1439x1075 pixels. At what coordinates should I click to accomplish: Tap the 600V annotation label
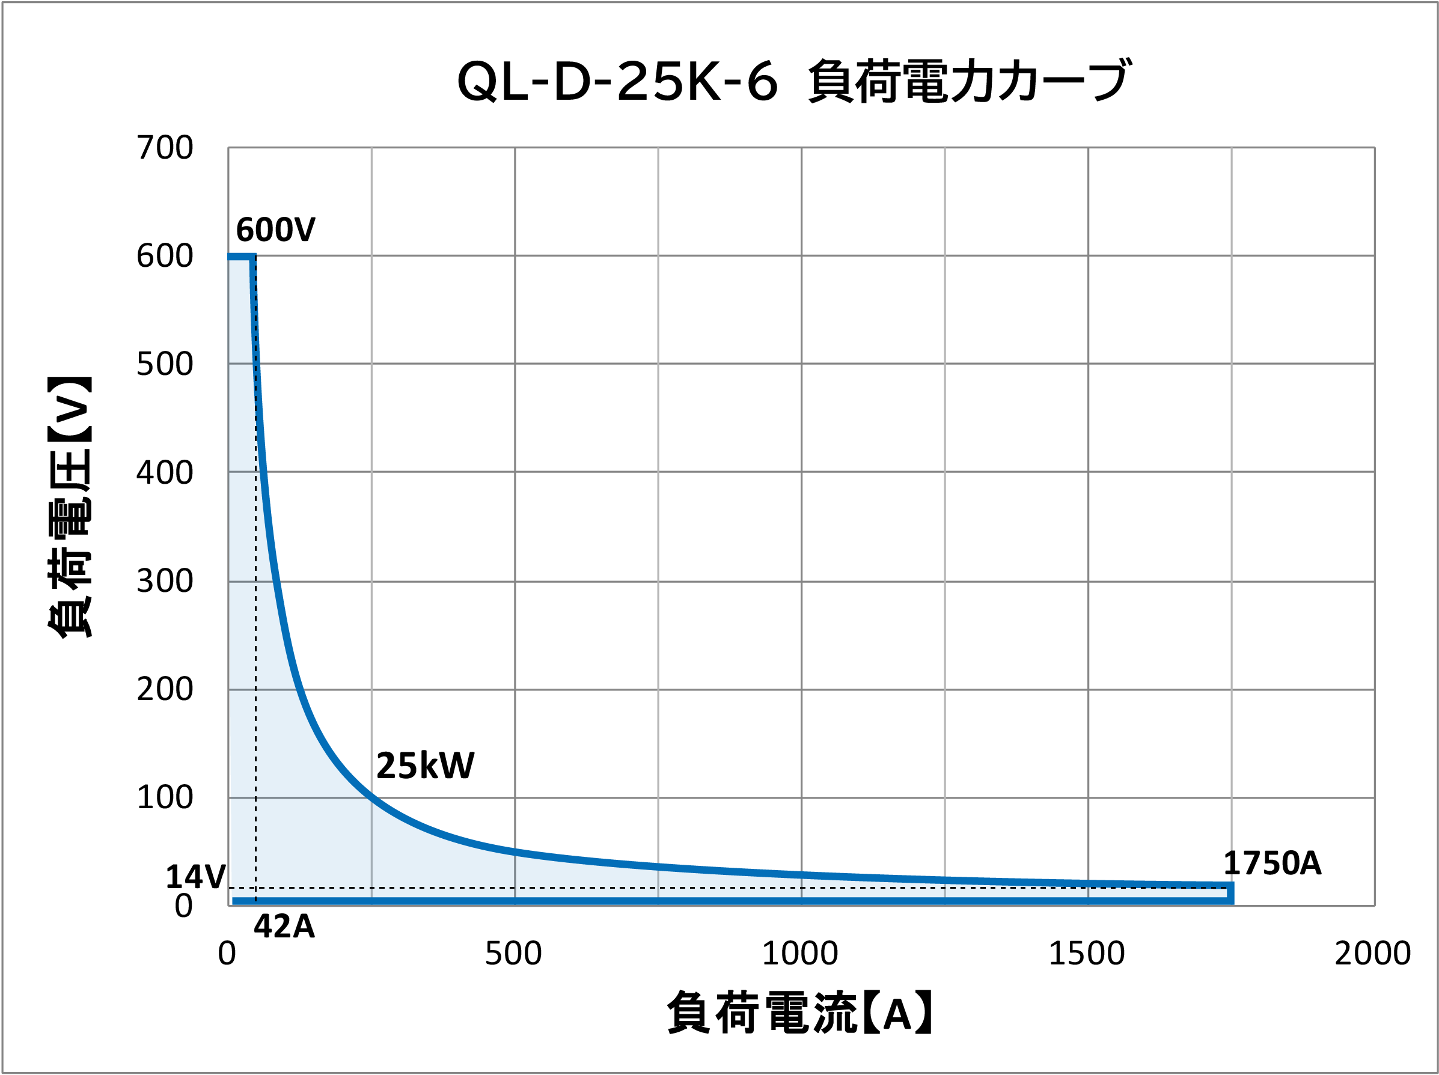tap(275, 230)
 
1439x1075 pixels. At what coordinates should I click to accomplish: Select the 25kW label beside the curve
tap(425, 766)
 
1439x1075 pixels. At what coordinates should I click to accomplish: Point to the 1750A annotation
tap(1272, 863)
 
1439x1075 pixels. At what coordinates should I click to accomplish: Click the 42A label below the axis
tap(284, 927)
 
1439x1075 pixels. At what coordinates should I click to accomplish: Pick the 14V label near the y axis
tap(195, 877)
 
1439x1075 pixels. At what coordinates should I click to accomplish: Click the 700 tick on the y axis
tap(165, 148)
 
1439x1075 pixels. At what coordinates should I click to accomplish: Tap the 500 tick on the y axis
tap(165, 364)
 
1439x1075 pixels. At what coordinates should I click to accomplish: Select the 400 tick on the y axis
tap(165, 473)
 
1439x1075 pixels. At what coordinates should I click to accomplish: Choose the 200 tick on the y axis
tap(165, 689)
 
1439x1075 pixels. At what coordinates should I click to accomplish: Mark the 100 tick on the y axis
tap(165, 797)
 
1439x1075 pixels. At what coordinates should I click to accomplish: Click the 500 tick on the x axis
tap(513, 954)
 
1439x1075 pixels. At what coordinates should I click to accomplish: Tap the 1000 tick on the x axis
tap(799, 954)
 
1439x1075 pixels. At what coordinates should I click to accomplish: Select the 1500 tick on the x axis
tap(1086, 954)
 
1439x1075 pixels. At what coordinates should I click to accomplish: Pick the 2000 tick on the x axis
tap(1373, 954)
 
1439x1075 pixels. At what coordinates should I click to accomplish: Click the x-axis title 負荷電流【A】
tap(800, 1013)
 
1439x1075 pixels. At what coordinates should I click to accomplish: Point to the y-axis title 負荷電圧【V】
tap(70, 507)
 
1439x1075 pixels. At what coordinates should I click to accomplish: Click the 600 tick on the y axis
tap(165, 256)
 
